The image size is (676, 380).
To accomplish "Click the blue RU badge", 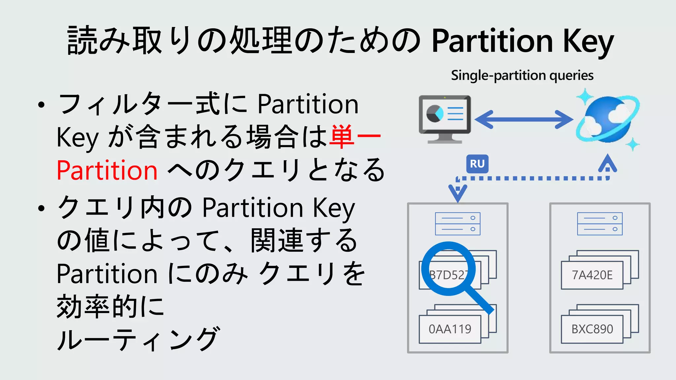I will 477,164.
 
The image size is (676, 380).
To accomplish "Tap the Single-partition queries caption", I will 522,76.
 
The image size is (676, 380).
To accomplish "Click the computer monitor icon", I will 445,119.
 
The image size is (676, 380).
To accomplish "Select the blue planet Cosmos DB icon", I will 607,119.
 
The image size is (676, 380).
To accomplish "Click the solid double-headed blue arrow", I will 524,119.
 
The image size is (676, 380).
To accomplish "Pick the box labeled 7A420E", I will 592,275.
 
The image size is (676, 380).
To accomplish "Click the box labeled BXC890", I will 592,329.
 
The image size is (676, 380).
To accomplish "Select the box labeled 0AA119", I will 450,329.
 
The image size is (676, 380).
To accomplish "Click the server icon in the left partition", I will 457,224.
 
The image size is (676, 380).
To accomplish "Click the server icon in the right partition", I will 600,224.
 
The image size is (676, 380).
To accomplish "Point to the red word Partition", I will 107,170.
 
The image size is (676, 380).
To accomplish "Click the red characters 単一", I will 355,137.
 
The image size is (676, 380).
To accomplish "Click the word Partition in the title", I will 492,41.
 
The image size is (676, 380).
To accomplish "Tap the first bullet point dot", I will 41,105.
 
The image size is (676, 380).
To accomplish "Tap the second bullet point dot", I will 41,208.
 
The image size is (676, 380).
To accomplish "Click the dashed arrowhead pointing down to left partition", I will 457,193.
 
